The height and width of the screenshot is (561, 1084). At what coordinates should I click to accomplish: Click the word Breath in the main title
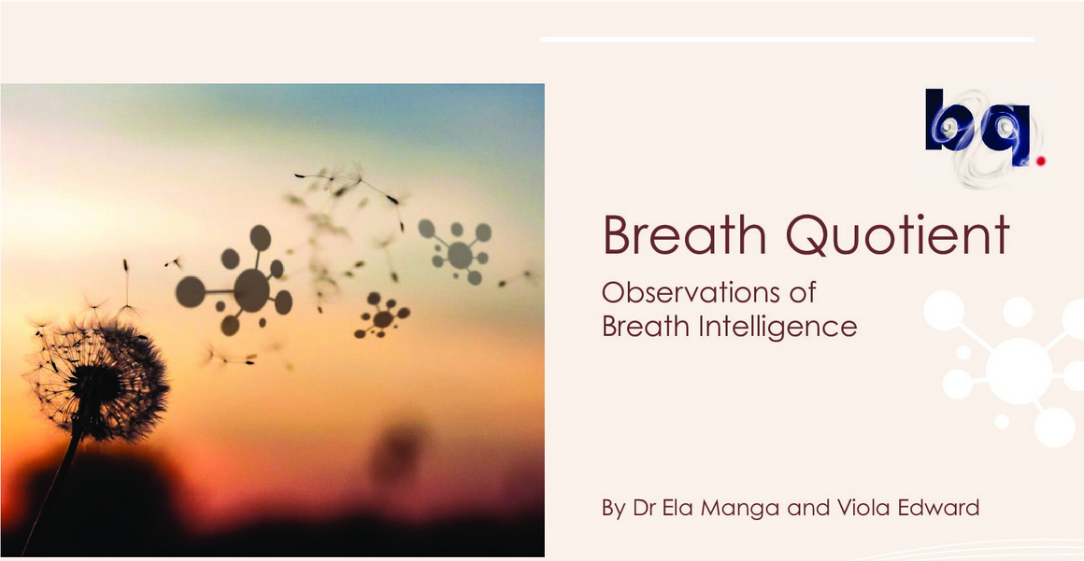coord(684,235)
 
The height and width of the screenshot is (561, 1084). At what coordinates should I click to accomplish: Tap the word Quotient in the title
coord(897,236)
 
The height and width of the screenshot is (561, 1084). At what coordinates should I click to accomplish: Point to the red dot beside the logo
coord(1040,161)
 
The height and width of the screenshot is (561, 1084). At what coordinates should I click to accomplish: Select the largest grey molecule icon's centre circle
coord(251,290)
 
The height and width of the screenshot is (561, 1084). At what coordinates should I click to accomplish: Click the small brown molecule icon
coord(382,317)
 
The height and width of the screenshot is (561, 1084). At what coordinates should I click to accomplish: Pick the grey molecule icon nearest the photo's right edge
coord(457,252)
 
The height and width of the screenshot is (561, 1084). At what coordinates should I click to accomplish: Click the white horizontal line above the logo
coord(788,39)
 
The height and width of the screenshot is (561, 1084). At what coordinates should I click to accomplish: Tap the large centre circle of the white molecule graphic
coord(1019,371)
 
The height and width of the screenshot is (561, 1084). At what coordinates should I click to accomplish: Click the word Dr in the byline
coord(643,509)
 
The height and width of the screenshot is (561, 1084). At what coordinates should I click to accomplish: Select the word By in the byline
coord(614,510)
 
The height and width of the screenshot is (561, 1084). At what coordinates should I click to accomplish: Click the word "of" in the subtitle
coord(803,293)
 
